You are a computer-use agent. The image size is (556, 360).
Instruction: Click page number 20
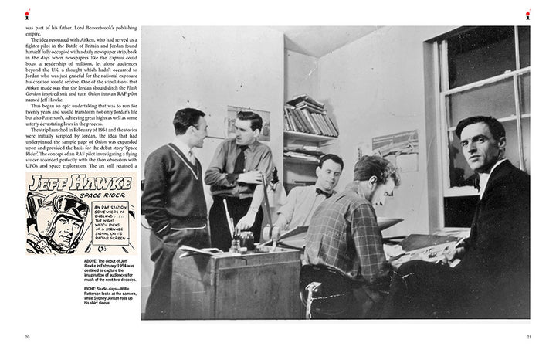tap(27, 336)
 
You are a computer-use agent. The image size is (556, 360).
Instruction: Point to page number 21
tap(529, 336)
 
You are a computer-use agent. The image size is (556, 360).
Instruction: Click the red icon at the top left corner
tap(29, 14)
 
